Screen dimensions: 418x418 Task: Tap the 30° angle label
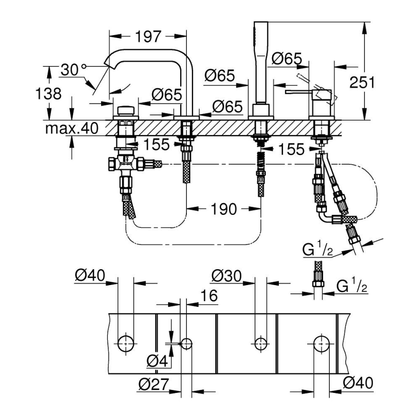pos(73,70)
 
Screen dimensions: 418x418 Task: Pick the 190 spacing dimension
pos(224,209)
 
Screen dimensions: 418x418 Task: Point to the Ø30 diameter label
pos(226,276)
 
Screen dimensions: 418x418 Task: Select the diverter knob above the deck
pos(126,109)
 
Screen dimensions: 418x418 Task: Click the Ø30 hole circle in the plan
pos(261,343)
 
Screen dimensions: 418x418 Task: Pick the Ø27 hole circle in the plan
pos(186,343)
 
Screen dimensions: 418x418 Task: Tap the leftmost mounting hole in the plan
pos(126,343)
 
